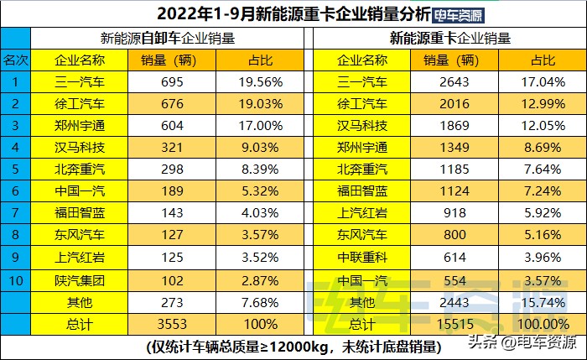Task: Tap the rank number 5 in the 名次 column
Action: pos(15,170)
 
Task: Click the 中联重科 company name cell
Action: pos(362,257)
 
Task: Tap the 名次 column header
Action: pos(15,60)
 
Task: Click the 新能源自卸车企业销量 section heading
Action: pos(167,39)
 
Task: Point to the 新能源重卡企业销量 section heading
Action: pos(450,39)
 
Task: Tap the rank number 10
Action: pos(15,279)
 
